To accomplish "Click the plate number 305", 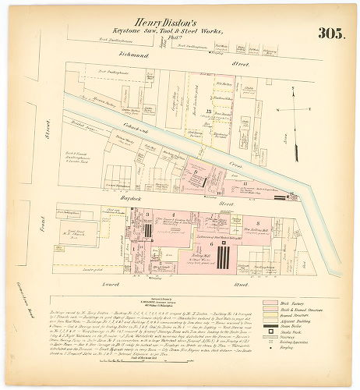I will (330, 33).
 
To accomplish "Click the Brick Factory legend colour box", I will (270, 302).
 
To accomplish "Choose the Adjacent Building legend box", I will (270, 324).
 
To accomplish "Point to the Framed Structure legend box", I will (270, 317).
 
